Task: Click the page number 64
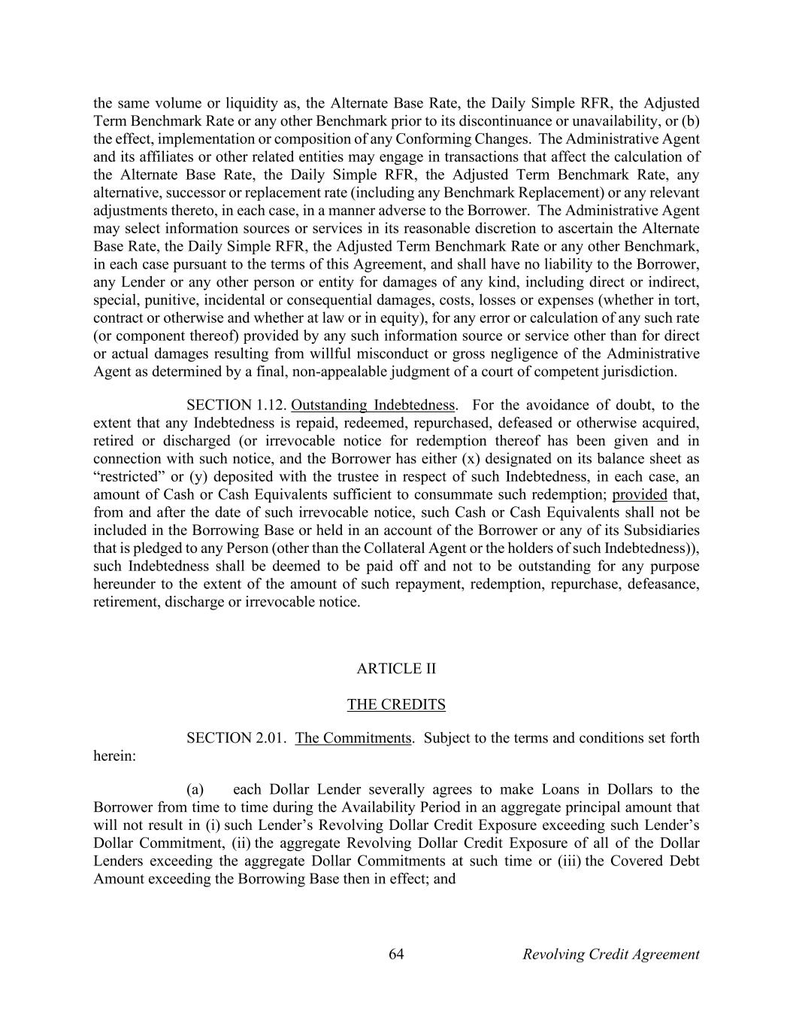click(396, 954)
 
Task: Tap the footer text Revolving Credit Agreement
click(610, 954)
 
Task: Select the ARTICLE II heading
click(396, 669)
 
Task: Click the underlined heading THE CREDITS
click(396, 705)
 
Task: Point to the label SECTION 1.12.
click(236, 406)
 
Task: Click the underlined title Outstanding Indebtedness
click(373, 406)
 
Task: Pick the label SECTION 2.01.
click(236, 738)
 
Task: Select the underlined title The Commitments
click(353, 738)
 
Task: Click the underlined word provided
click(640, 495)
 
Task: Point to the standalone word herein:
click(114, 756)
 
